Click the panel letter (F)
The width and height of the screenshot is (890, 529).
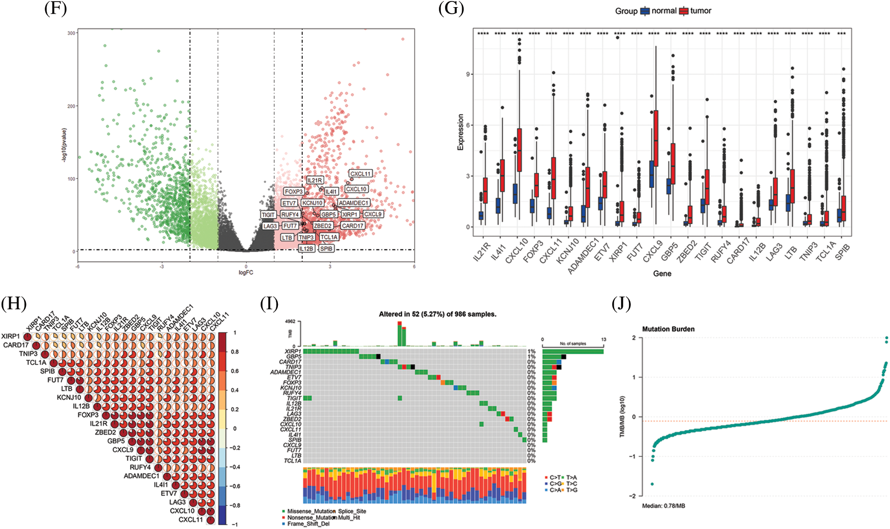click(x=55, y=9)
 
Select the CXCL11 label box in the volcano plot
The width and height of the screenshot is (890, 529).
click(x=360, y=174)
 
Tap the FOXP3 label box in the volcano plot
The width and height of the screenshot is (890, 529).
click(x=294, y=192)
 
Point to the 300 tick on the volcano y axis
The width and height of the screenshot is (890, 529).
click(x=72, y=33)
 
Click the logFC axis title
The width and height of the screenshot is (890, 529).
click(x=246, y=273)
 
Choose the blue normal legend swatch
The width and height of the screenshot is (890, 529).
click(x=645, y=11)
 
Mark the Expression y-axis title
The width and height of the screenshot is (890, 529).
click(x=461, y=132)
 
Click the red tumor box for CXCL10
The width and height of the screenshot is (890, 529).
click(x=520, y=150)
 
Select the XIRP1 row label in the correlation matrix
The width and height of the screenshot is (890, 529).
click(x=11, y=336)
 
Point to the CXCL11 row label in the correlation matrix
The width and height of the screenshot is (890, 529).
click(x=190, y=520)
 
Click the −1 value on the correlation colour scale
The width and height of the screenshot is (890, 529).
click(x=234, y=524)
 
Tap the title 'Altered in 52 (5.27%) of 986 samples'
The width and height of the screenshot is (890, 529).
click(x=437, y=314)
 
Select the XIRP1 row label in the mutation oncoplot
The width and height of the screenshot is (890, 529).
click(x=293, y=351)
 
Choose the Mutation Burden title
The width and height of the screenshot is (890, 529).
click(x=668, y=329)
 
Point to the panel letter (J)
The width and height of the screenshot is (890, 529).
click(x=621, y=304)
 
